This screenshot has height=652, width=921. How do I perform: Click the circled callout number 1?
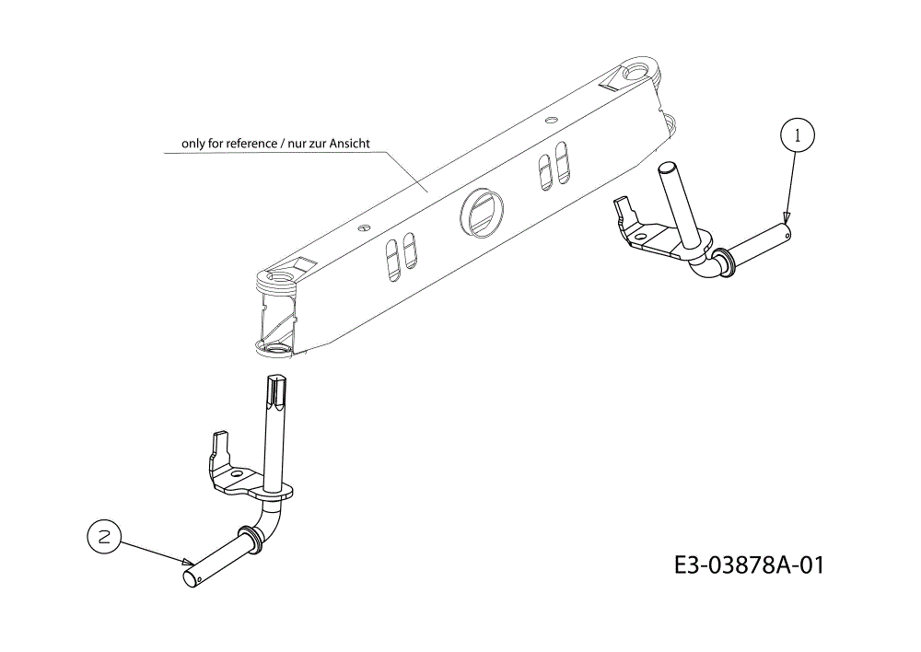pos(797,135)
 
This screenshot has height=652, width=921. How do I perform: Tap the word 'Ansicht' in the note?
pos(349,144)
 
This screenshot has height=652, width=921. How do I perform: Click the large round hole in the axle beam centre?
pos(482,213)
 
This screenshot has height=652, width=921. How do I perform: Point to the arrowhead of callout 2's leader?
pos(188,562)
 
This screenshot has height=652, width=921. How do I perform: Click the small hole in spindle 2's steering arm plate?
pos(237,472)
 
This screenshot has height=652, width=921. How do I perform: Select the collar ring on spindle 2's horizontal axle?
pos(251,540)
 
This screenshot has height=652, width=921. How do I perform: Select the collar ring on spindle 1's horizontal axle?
pos(726,262)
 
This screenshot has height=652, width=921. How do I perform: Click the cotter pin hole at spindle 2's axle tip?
pos(200,578)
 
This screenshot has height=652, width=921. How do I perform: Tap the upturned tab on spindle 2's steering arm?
pos(219,445)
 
